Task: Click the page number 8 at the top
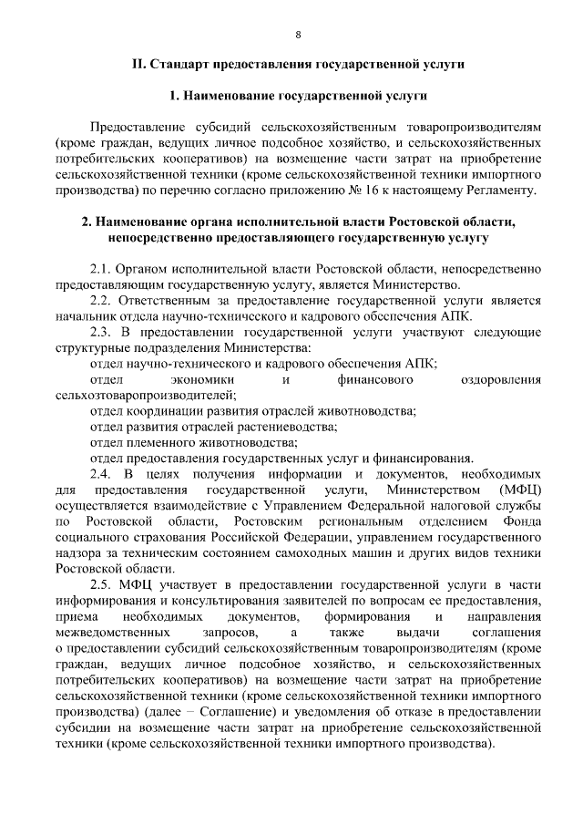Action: pyautogui.click(x=298, y=35)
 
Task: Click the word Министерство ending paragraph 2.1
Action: pyautogui.click(x=426, y=285)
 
